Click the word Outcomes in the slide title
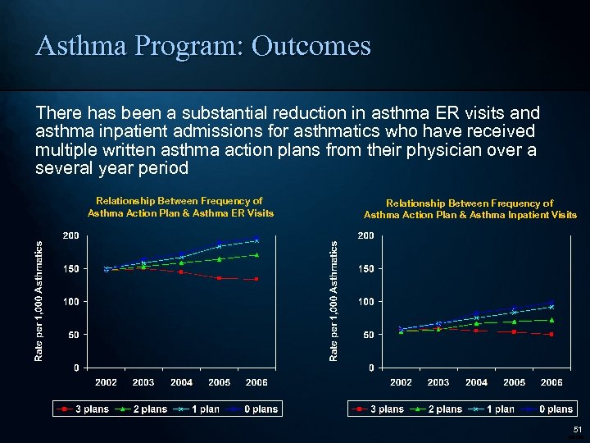pos(311,46)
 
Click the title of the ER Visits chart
pos(179,207)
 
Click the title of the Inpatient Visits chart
pos(470,209)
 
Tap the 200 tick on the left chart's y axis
pos(71,236)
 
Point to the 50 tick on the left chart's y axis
pos(74,335)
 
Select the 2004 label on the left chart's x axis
pos(181,382)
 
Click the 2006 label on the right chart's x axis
pos(551,382)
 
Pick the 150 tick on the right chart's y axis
pos(365,269)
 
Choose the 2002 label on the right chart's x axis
pos(401,382)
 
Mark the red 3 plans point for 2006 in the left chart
pos(256,279)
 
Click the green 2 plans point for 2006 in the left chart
pos(256,255)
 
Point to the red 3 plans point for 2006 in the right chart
pos(551,334)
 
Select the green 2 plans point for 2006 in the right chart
pos(551,320)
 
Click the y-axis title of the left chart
pos(39,300)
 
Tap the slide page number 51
pos(576,429)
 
